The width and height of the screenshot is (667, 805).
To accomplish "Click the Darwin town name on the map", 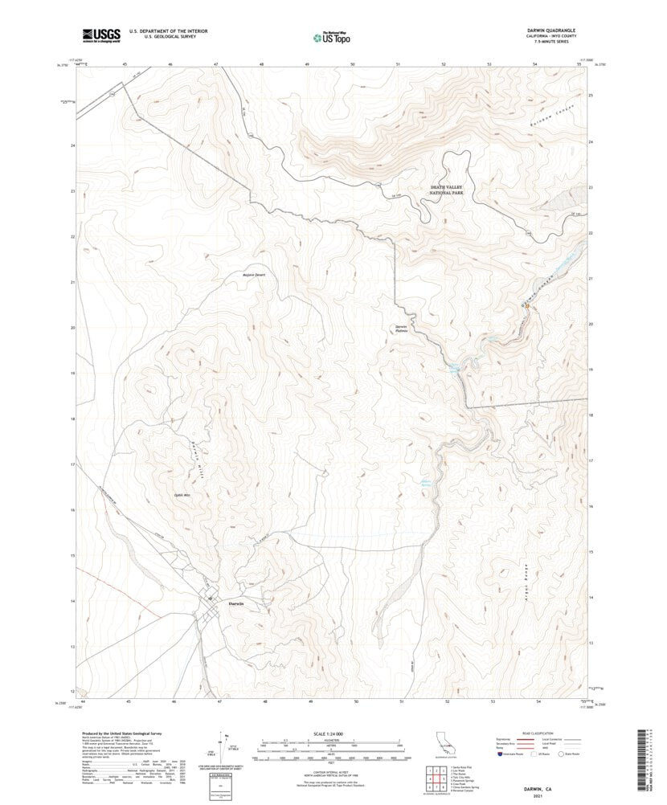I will (235, 603).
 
